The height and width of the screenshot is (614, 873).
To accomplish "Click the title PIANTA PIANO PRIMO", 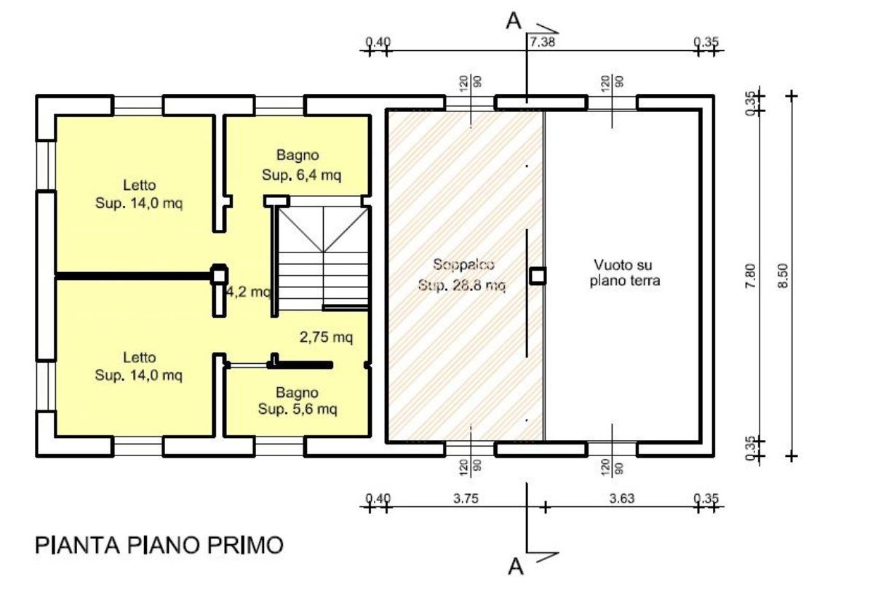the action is [159, 545].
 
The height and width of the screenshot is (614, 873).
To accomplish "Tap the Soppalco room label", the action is [463, 265].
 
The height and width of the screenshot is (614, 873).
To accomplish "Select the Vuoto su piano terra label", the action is [624, 273].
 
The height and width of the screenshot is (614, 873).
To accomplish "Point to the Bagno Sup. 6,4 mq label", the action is [301, 165].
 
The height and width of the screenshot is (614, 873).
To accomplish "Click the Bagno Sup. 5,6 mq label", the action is [298, 401].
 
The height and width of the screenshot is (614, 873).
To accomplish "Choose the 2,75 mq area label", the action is [326, 337].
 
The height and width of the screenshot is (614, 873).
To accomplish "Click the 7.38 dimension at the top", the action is [542, 41].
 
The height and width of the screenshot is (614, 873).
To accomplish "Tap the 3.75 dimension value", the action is [466, 498].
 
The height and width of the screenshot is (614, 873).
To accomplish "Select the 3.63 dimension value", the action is [622, 498].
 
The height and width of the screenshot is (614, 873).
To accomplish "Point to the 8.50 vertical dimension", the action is [783, 276].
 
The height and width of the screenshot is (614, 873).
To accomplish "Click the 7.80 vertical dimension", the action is [750, 276].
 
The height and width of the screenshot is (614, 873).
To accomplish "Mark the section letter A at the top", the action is [514, 21].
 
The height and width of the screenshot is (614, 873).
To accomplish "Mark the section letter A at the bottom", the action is [516, 567].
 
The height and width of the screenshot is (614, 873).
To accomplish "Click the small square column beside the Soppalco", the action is [538, 276].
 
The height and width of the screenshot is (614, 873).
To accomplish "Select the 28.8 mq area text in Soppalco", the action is [462, 285].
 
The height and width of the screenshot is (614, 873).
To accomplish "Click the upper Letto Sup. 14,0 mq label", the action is [139, 194].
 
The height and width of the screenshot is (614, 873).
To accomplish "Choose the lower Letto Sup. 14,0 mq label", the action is [139, 366].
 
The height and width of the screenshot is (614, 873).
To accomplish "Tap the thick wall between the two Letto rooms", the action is [133, 276].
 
